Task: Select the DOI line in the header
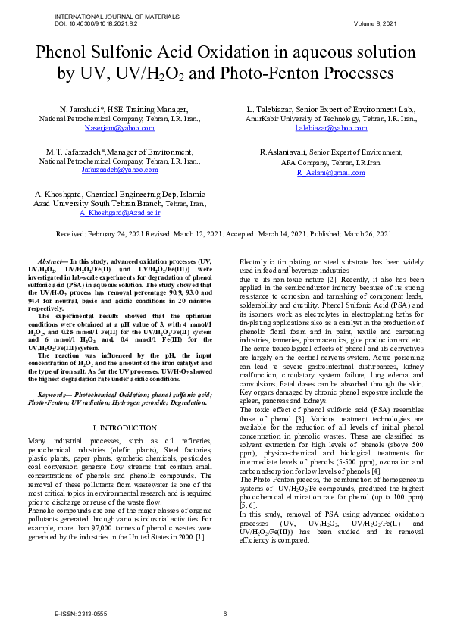[x=94, y=23]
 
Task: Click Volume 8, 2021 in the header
[x=375, y=23]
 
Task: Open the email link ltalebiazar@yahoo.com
[x=331, y=128]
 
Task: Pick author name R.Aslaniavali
[x=283, y=152]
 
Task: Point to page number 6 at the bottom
[x=225, y=614]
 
